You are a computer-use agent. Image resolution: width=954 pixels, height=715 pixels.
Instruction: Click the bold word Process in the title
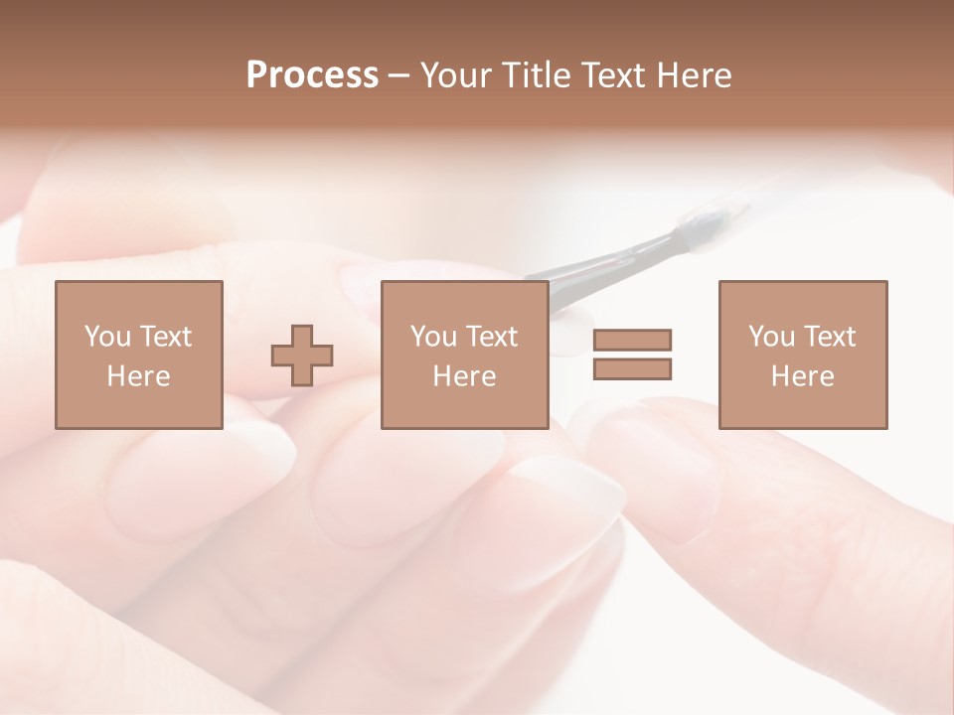(312, 75)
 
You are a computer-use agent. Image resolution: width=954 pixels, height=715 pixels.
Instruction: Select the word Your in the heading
(454, 75)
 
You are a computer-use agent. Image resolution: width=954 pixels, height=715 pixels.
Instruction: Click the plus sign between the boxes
(302, 355)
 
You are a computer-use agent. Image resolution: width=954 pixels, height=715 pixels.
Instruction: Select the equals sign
(632, 355)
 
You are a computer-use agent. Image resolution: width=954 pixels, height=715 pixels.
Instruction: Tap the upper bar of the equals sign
(632, 341)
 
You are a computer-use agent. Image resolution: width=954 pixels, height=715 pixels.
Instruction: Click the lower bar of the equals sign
(632, 368)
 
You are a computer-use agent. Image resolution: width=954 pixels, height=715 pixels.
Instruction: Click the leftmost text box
(138, 355)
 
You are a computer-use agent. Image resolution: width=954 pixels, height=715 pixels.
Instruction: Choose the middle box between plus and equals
(464, 355)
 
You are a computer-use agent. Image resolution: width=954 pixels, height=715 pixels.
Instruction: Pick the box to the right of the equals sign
(802, 355)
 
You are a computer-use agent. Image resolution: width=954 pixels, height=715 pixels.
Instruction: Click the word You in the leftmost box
(106, 337)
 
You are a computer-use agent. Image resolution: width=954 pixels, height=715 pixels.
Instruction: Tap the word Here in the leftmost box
(138, 376)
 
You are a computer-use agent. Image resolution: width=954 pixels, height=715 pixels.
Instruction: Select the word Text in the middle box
(492, 337)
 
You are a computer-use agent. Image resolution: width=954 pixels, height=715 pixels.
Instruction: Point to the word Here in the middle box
(464, 376)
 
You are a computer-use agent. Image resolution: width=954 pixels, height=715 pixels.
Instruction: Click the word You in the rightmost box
(771, 337)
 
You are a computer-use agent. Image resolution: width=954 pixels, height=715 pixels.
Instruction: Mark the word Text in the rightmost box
(830, 337)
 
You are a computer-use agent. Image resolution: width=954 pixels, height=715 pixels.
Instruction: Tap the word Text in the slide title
(608, 75)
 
